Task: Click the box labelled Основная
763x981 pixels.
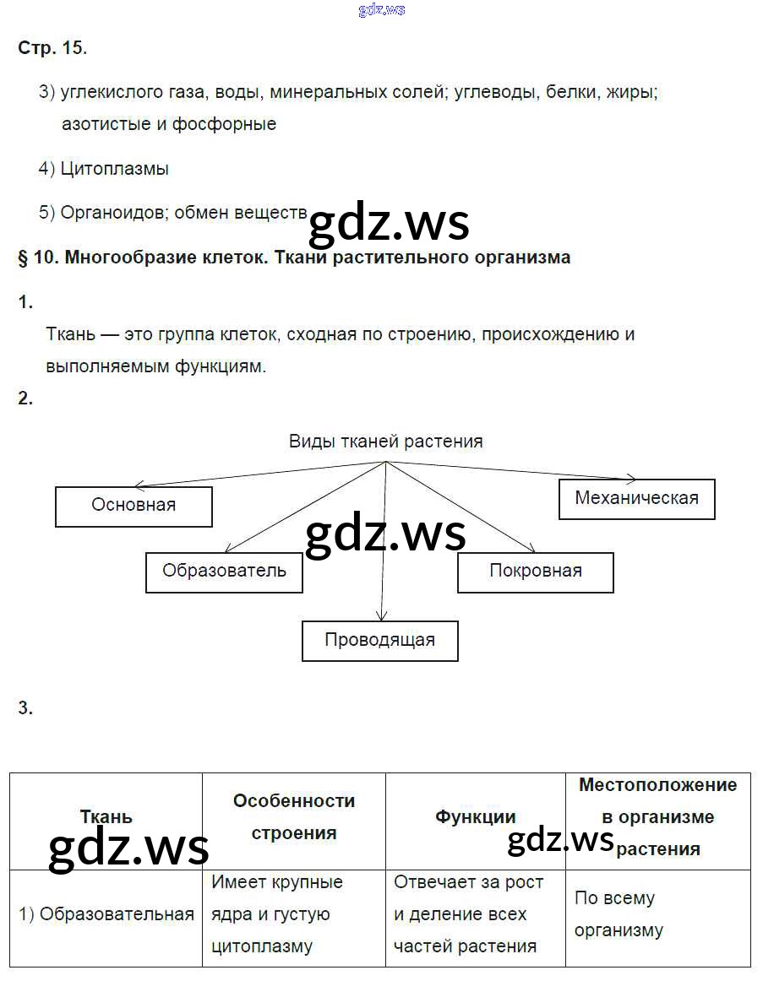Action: (x=134, y=506)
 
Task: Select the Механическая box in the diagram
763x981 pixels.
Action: (x=636, y=498)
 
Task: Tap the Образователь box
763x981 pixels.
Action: (x=224, y=572)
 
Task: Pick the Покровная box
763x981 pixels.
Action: (x=535, y=572)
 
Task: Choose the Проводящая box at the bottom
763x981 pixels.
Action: (x=379, y=640)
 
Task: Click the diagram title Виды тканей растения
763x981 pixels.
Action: (x=385, y=441)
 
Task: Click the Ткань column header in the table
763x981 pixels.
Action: (x=106, y=817)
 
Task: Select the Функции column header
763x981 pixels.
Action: (x=475, y=817)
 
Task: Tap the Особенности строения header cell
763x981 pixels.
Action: (x=293, y=816)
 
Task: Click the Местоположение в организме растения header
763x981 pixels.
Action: (x=657, y=816)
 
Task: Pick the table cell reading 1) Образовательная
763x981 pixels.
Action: (x=106, y=914)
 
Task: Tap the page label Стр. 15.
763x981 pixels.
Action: (x=52, y=48)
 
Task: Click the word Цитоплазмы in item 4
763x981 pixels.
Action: (x=114, y=169)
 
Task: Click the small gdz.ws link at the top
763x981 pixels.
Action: (x=381, y=9)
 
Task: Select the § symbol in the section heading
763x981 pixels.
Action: (x=23, y=257)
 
